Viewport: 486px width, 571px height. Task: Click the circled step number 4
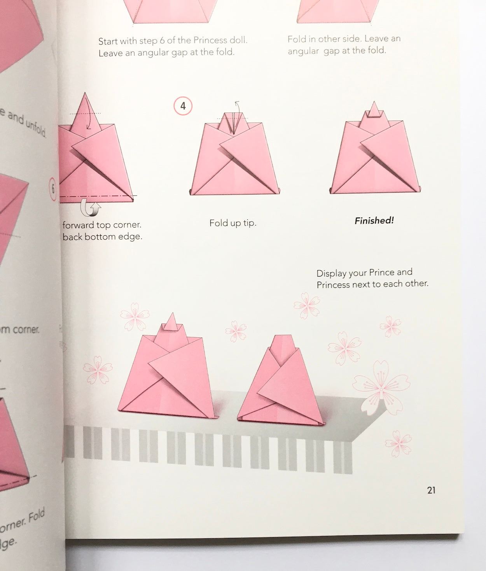[183, 106]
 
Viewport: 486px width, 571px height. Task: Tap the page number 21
[431, 490]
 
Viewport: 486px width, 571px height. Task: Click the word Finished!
[374, 221]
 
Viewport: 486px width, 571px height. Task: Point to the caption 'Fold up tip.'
[233, 223]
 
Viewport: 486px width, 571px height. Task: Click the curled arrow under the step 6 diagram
[90, 208]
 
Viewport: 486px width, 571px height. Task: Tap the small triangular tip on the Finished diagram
[374, 110]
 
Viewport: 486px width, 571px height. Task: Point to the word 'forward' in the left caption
[78, 225]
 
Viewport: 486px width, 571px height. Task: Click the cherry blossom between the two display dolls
[236, 331]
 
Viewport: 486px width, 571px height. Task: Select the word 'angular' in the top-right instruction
[304, 51]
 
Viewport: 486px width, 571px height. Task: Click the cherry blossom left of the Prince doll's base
[98, 370]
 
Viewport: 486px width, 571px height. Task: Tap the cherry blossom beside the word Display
[307, 305]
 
